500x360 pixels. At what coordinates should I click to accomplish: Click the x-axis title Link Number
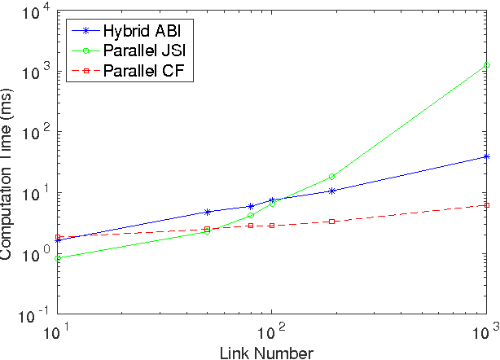click(270, 351)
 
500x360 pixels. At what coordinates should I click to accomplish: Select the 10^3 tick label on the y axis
click(34, 72)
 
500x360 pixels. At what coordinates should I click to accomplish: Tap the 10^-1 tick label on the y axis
click(33, 316)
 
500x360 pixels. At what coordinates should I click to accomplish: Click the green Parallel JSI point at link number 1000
click(487, 65)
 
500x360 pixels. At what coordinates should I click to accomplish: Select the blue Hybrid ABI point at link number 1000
click(487, 156)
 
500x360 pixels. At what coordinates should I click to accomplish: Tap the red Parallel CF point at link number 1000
click(487, 205)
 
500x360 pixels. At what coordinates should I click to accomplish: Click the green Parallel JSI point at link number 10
click(58, 258)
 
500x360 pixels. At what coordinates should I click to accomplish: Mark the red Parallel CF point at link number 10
click(58, 238)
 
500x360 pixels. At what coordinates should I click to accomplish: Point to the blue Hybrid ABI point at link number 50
click(207, 212)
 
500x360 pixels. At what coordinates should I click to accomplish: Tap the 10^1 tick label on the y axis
click(34, 194)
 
